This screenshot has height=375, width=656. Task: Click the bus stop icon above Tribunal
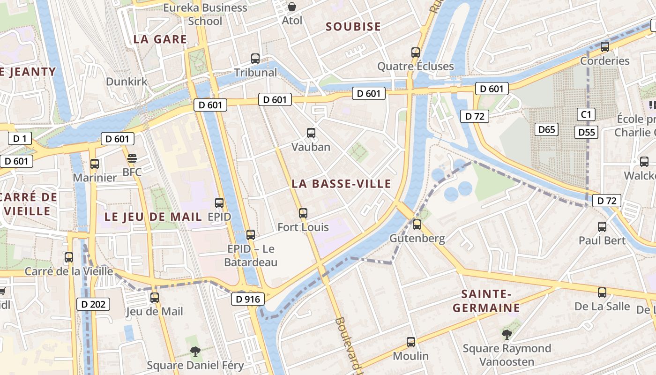click(x=255, y=59)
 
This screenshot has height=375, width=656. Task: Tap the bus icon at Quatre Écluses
click(x=416, y=52)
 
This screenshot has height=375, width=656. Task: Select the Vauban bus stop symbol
click(x=311, y=133)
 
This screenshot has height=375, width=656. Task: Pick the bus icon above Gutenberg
click(x=417, y=225)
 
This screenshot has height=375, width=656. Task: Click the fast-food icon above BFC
click(x=132, y=158)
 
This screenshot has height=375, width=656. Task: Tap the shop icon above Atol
click(x=292, y=7)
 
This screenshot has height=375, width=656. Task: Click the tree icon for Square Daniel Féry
click(x=195, y=351)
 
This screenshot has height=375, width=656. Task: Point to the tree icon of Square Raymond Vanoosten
click(x=507, y=334)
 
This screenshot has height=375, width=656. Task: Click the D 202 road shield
click(x=93, y=304)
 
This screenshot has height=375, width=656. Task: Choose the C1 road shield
click(x=586, y=114)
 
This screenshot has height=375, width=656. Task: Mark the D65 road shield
click(x=546, y=129)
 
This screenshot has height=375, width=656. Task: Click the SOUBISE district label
click(x=353, y=27)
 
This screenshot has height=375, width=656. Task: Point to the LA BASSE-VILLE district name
click(x=341, y=184)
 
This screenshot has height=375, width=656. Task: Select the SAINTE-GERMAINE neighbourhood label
click(x=491, y=301)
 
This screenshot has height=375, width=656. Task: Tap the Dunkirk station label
click(x=127, y=82)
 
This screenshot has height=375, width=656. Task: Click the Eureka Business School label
click(x=205, y=14)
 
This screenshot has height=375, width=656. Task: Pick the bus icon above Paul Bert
click(x=602, y=227)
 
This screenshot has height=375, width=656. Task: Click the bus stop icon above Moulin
click(x=411, y=342)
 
